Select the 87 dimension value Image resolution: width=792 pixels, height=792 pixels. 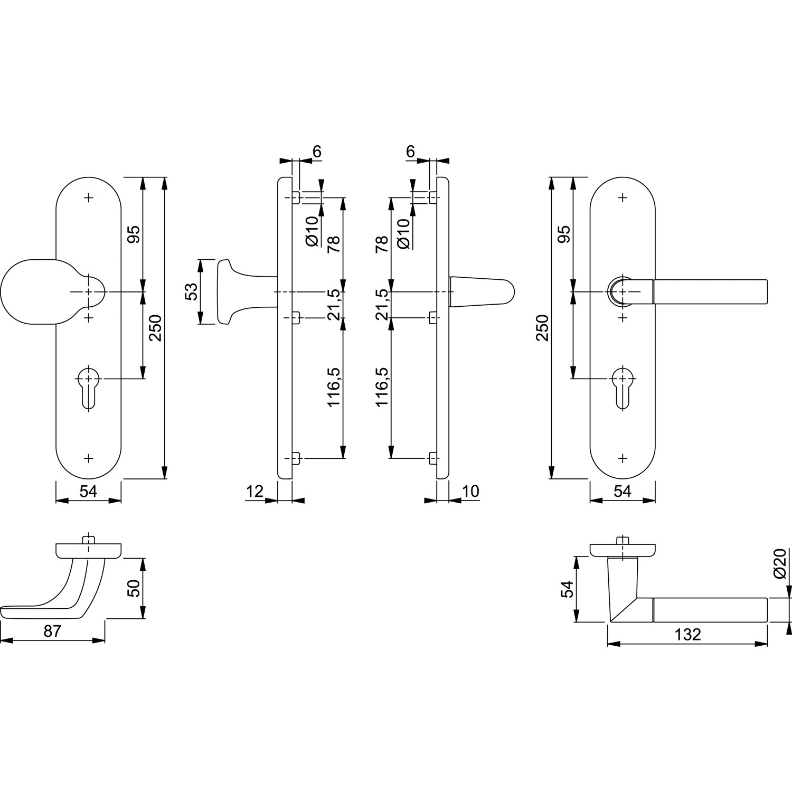(x=52, y=630)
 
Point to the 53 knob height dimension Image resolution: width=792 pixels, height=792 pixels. (x=191, y=291)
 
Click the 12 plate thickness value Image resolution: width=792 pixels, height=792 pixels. (x=254, y=491)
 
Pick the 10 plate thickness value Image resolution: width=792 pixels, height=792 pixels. (x=470, y=491)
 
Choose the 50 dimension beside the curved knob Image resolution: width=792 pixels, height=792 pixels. (x=134, y=588)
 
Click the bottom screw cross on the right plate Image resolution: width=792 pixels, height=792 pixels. (x=623, y=458)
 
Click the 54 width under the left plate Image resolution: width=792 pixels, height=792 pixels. (x=88, y=491)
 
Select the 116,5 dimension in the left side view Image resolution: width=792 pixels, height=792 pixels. (x=336, y=387)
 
